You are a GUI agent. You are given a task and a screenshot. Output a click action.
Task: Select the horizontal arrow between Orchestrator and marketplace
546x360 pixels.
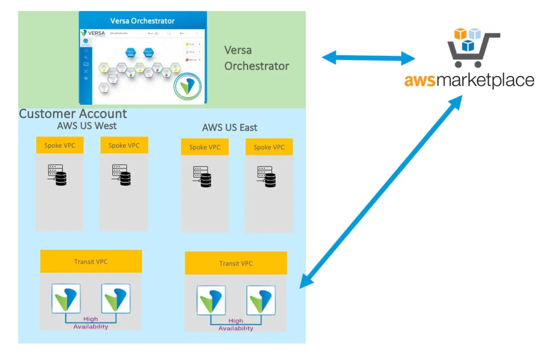click(369, 58)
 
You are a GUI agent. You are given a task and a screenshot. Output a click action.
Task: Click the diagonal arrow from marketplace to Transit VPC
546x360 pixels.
click(381, 192)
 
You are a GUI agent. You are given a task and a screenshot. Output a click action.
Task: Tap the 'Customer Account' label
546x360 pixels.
click(73, 114)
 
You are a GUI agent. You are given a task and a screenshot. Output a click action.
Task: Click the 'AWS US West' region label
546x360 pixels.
click(86, 125)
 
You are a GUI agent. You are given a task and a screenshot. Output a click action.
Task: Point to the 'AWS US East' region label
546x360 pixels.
click(230, 127)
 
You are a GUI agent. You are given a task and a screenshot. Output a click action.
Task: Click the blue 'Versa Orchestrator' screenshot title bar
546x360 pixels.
click(142, 21)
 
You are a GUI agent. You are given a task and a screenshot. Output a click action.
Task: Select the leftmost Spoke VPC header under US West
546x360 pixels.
click(59, 146)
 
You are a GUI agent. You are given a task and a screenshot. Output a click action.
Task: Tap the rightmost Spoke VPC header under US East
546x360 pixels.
click(269, 147)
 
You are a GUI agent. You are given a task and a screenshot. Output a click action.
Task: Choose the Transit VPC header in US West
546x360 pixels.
click(91, 261)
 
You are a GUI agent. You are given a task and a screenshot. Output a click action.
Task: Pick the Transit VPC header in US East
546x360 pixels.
click(236, 264)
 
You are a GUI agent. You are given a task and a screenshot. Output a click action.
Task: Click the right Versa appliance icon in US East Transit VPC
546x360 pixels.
click(261, 300)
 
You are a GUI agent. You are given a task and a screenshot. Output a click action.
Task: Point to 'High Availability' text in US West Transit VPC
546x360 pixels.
click(91, 323)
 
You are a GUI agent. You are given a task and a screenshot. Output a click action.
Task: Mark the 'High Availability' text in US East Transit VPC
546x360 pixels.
click(236, 325)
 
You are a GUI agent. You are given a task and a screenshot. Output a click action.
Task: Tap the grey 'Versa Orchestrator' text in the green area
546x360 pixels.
click(257, 58)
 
